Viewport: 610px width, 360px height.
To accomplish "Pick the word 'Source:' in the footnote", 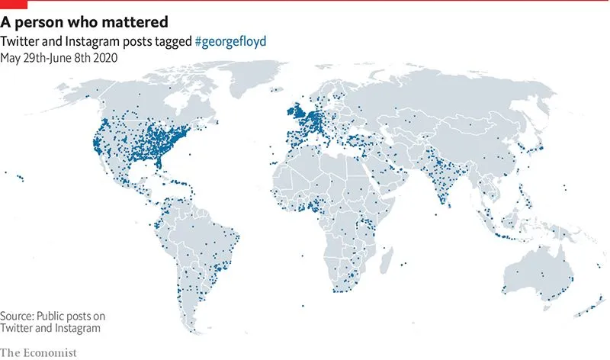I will pos(19,316).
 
